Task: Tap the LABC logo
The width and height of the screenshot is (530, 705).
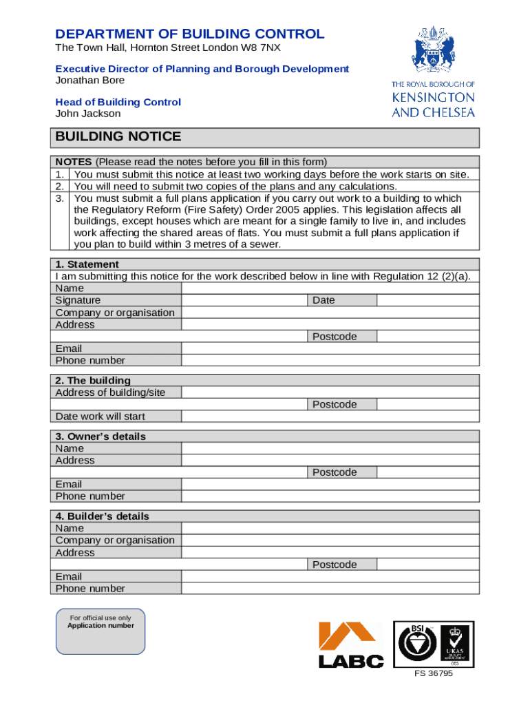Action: click(350, 645)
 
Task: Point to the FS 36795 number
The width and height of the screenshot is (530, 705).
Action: click(433, 673)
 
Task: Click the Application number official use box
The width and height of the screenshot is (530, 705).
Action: click(100, 631)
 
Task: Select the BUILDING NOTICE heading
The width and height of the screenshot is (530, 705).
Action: click(118, 136)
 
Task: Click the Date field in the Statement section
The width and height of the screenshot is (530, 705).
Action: click(427, 300)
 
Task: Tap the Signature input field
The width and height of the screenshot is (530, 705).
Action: click(244, 300)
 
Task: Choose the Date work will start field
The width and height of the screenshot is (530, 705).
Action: click(330, 417)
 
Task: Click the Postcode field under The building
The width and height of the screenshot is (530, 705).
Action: click(427, 404)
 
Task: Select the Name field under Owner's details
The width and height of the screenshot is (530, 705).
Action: click(330, 448)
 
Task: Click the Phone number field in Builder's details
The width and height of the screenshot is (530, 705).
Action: click(330, 589)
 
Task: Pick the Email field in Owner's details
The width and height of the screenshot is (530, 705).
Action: click(330, 484)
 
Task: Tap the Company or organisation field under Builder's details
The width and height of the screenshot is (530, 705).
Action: click(330, 540)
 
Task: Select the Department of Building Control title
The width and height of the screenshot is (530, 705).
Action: click(189, 34)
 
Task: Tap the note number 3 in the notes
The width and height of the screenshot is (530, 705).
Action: click(60, 198)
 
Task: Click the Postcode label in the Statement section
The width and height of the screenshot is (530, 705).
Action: click(335, 337)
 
